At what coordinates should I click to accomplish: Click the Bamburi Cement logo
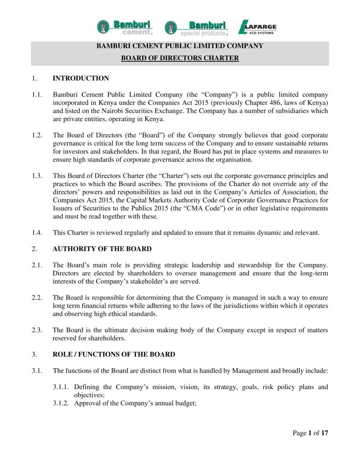coord(124,27)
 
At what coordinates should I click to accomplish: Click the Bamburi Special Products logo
coord(196,28)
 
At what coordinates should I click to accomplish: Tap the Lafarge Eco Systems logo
coord(258,27)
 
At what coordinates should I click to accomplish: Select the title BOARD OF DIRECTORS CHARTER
coord(180,58)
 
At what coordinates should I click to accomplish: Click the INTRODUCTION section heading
coord(81,78)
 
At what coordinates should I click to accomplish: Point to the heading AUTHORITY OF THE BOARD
coord(102,249)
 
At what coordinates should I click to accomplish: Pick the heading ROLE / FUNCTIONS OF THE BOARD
coord(114,354)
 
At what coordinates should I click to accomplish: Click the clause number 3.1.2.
coord(62,404)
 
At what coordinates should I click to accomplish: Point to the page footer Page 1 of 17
coord(310,433)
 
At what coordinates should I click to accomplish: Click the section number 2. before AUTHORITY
coord(35,249)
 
